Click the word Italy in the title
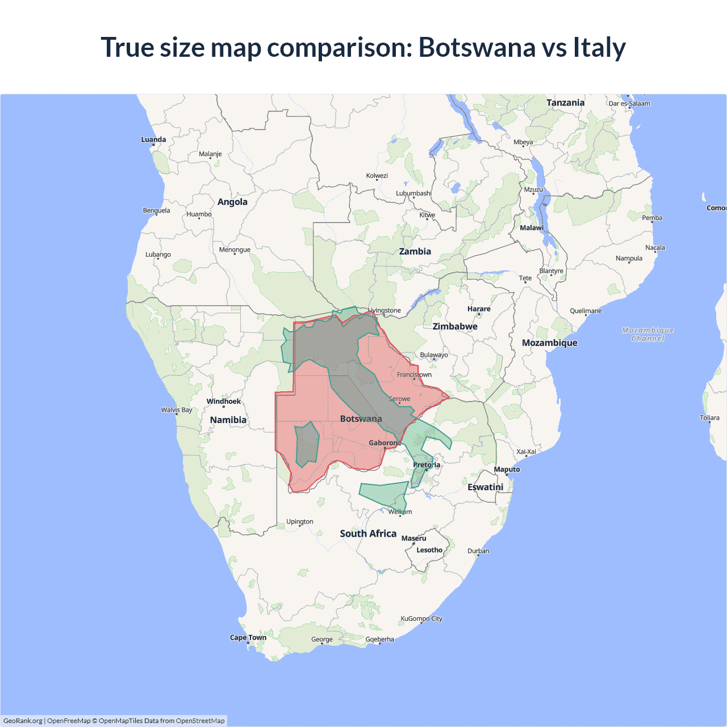(x=599, y=47)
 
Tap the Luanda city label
(x=153, y=140)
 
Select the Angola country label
(x=232, y=202)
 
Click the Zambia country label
(x=415, y=251)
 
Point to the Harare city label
(x=479, y=309)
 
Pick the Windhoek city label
(x=224, y=402)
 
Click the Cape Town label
(x=248, y=637)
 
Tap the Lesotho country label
(x=429, y=550)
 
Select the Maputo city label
(x=507, y=469)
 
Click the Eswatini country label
(x=485, y=487)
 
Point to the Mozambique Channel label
(x=647, y=334)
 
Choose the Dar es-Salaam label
(x=629, y=103)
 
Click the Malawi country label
(x=532, y=228)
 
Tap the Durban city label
(x=478, y=551)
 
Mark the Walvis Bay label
(x=177, y=410)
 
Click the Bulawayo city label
(x=434, y=355)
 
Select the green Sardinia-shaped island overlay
(x=307, y=444)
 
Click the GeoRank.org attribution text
(x=23, y=721)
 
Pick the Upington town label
(x=300, y=521)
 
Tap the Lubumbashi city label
(x=413, y=193)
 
